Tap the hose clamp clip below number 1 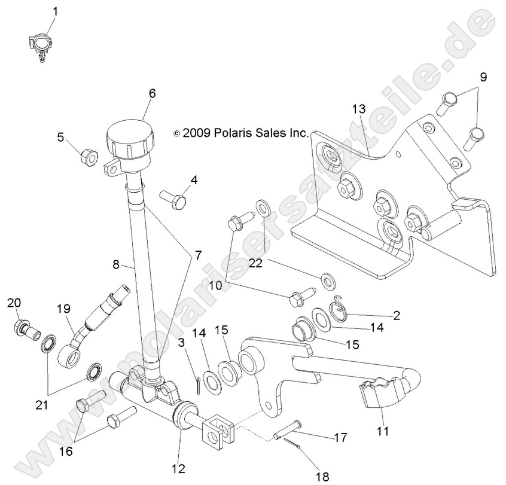(x=39, y=47)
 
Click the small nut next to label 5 (x=89, y=157)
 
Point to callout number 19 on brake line (x=63, y=309)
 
